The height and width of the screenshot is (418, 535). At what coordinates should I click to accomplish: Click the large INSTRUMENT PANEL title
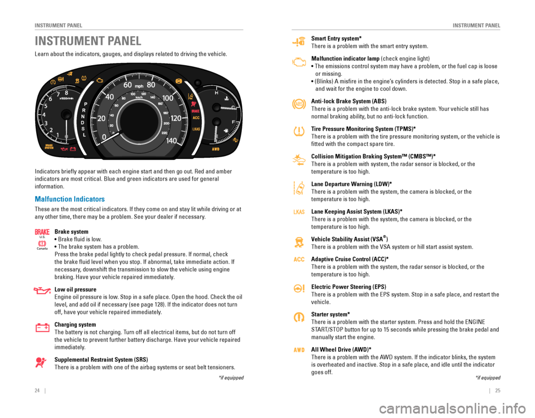88,41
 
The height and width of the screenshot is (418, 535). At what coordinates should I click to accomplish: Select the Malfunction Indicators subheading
70,198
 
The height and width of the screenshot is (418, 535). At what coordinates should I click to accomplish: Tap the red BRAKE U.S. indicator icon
42,232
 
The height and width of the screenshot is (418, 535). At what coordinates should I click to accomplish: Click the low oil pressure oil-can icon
42,290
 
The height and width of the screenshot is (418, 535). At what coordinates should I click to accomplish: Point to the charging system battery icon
42,327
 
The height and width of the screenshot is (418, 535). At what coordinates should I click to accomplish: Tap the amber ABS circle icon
299,104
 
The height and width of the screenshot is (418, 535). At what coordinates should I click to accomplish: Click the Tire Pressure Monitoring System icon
299,131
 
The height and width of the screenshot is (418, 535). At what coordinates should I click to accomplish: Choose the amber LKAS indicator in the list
299,212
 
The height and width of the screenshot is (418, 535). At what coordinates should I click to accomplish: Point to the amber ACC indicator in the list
299,260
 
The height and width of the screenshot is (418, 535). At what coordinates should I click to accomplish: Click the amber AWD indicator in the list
299,350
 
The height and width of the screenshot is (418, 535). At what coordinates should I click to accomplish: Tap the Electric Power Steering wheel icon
299,288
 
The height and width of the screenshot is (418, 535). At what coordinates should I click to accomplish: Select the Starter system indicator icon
299,317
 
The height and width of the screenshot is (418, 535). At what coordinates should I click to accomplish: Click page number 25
498,391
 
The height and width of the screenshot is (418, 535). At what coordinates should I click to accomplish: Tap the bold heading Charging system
75,324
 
